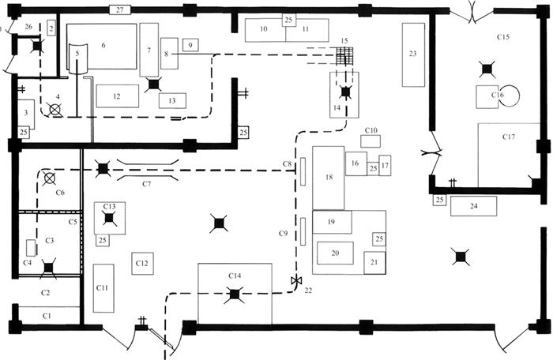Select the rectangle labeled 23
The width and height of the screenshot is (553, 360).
413,54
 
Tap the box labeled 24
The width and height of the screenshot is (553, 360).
474,207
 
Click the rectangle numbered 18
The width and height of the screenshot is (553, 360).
328,178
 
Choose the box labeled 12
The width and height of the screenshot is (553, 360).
116,96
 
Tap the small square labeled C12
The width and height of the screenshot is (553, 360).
142,262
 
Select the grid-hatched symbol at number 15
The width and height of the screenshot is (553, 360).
342,56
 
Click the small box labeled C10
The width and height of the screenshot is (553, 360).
371,141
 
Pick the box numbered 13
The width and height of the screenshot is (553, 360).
171,100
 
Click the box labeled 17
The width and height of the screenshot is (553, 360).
385,167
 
